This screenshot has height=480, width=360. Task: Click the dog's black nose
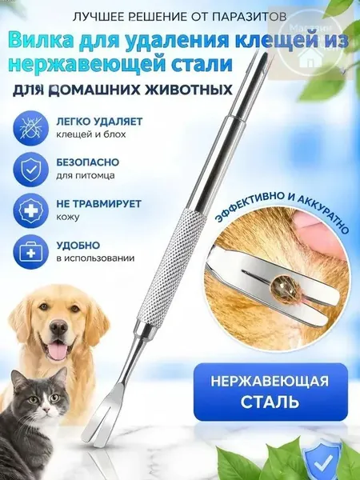pos(58,327)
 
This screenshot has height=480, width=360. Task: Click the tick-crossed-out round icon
pos(30,128)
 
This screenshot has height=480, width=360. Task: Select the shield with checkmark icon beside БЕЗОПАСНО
pos(30,170)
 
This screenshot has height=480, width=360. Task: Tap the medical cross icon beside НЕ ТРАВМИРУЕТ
pos(30,211)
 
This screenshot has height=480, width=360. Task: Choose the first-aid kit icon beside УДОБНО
pos(30,253)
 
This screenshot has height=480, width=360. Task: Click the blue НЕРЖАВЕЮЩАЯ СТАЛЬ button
pos(270,392)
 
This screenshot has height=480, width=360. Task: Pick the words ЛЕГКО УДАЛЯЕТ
pos(99,122)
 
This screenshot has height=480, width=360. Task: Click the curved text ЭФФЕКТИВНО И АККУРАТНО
pos(282,209)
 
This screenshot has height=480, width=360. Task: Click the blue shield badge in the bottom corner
pos(320,462)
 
